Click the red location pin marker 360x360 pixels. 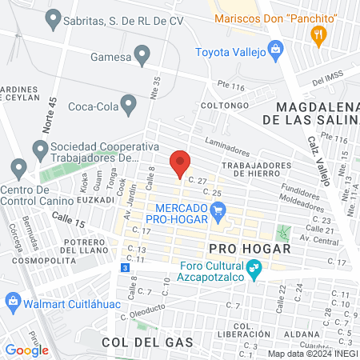[180, 163]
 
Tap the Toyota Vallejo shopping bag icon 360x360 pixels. [276, 50]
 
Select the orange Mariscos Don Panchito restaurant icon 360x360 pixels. [318, 34]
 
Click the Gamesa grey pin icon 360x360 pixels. [142, 55]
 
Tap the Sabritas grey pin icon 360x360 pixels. [54, 17]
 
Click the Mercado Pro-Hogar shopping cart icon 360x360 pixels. [218, 211]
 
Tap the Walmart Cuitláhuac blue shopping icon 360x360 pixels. [12, 301]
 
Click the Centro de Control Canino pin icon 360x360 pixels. [18, 169]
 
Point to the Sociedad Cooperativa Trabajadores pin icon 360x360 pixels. [39, 149]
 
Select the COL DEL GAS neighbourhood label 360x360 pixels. [148, 342]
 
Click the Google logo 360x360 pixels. [27, 350]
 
